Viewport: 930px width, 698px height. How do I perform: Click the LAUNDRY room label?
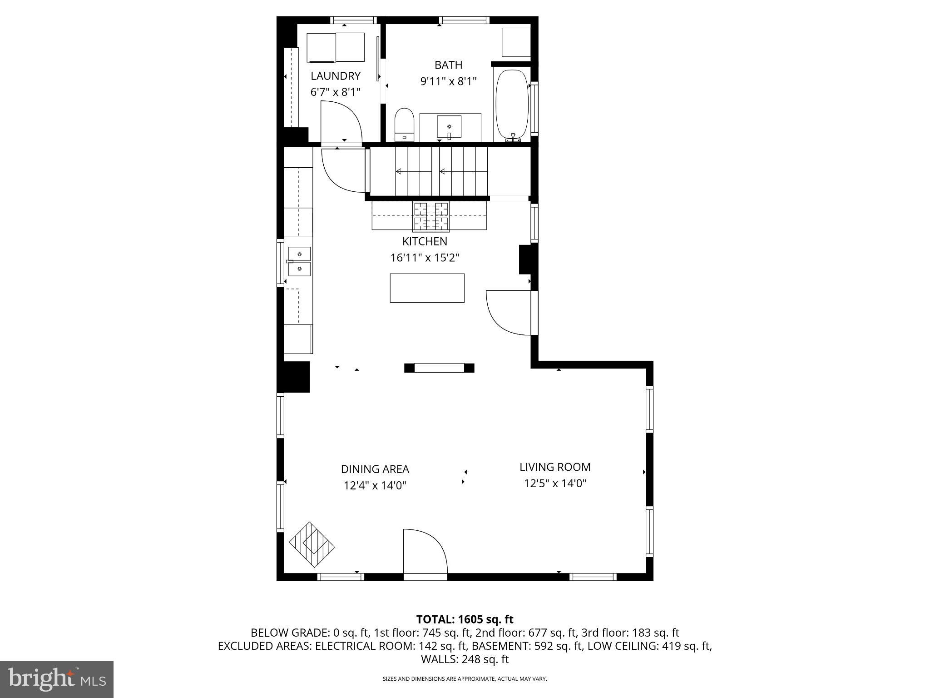tap(335, 76)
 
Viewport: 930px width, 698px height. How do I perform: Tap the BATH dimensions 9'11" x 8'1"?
tap(448, 81)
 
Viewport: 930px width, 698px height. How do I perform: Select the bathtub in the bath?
tap(512, 105)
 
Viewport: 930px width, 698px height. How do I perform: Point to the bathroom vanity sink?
tap(449, 126)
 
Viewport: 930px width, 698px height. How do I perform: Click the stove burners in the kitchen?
tap(430, 216)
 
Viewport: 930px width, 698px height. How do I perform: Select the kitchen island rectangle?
tap(427, 288)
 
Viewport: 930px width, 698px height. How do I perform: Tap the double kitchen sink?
tap(299, 261)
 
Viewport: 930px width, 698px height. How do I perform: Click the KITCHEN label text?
tap(425, 241)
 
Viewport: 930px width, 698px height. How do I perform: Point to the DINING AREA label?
tap(375, 469)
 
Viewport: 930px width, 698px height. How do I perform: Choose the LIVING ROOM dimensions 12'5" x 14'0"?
tap(555, 483)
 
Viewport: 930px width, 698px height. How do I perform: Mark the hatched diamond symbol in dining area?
tap(312, 544)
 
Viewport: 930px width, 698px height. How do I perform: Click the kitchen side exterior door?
tap(509, 313)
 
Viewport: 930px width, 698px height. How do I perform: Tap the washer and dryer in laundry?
tap(336, 47)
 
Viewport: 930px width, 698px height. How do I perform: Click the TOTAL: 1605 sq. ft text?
tap(465, 619)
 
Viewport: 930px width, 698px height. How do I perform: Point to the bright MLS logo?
tap(56, 679)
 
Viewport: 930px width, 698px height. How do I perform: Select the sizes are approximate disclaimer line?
tap(465, 679)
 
